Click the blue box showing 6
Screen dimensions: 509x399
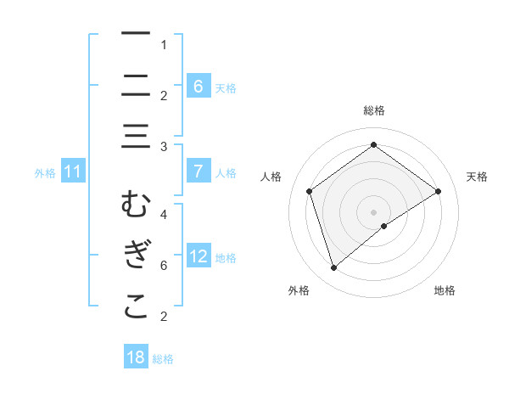[x=198, y=86]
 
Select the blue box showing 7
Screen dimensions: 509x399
[x=198, y=171]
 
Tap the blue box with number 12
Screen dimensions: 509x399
[x=198, y=256]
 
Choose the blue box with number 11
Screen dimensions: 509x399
[x=72, y=171]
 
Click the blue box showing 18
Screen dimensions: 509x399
[x=136, y=357]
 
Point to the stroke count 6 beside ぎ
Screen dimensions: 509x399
[x=164, y=266]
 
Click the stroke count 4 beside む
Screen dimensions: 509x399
[x=164, y=215]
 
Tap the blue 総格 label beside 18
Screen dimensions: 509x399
[x=163, y=358]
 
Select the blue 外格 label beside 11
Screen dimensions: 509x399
[x=45, y=172]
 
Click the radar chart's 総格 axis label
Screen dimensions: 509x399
[x=374, y=110]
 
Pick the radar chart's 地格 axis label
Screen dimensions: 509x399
[x=445, y=290]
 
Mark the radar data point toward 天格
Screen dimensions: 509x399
[x=438, y=191]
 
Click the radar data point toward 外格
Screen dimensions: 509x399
[x=333, y=268]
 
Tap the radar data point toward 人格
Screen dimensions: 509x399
[x=310, y=191]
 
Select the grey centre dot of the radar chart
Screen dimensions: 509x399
[x=374, y=211]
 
